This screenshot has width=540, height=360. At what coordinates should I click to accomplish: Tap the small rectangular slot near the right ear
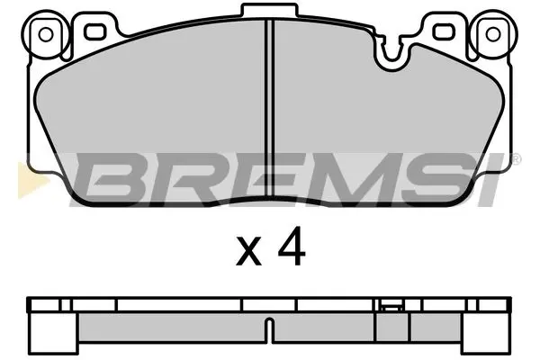[441, 33]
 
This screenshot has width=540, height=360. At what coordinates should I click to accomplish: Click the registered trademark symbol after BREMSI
[516, 159]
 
